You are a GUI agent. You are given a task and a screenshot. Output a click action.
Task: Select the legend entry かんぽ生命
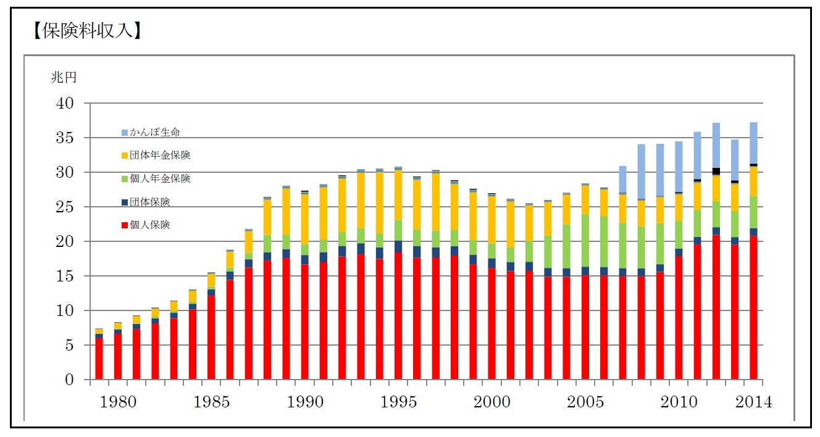(x=154, y=132)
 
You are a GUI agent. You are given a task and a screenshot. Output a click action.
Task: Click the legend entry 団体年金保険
(x=159, y=155)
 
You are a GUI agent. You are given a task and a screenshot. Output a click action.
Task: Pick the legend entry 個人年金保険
(x=159, y=178)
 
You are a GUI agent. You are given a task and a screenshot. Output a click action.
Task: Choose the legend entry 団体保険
(x=149, y=202)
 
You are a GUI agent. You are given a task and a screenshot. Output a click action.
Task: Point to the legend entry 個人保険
(x=149, y=225)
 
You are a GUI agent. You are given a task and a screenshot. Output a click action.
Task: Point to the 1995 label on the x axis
(x=398, y=402)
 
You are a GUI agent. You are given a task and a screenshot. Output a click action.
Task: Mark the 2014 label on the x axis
(x=753, y=402)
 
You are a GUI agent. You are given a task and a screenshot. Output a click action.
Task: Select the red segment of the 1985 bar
(x=211, y=336)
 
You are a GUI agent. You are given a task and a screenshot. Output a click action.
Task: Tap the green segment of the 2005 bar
(x=585, y=241)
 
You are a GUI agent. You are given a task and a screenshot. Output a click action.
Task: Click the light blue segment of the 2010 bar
(x=679, y=167)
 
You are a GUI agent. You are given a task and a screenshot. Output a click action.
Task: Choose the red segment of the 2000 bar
(x=492, y=324)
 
